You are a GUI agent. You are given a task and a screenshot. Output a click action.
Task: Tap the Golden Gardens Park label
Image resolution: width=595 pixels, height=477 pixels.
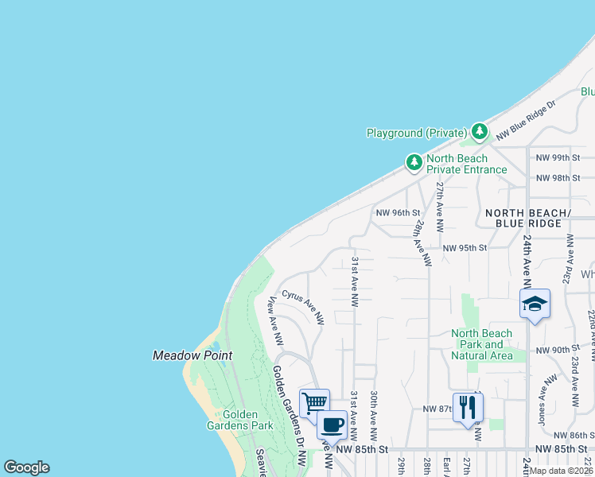247,420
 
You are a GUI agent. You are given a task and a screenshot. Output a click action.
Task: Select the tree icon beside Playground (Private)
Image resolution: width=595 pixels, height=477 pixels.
479,131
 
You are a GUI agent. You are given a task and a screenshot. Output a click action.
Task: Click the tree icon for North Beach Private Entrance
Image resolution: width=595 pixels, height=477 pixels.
414,163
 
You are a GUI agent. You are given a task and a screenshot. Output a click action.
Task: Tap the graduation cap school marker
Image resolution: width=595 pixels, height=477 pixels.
535,304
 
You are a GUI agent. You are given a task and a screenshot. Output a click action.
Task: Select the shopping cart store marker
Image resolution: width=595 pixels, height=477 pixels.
314,402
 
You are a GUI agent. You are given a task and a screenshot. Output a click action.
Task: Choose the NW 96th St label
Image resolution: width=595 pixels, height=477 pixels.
397,212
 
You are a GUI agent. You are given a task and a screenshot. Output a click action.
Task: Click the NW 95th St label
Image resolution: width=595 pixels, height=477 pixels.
464,248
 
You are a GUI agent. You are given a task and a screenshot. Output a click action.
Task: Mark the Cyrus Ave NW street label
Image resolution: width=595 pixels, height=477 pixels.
303,307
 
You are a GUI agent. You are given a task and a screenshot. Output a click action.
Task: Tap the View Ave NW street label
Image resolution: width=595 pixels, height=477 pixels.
275,321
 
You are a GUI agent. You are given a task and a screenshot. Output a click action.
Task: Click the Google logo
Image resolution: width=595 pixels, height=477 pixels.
26,467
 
